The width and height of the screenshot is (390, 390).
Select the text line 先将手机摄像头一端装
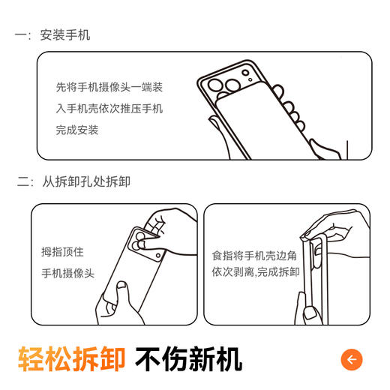click(109, 87)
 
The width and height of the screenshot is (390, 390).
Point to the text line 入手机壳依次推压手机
click(109, 109)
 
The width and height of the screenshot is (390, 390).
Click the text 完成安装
click(77, 130)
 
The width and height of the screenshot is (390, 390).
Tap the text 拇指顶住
click(62, 252)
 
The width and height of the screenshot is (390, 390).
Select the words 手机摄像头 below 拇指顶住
click(68, 274)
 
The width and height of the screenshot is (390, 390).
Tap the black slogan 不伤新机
click(188, 358)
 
